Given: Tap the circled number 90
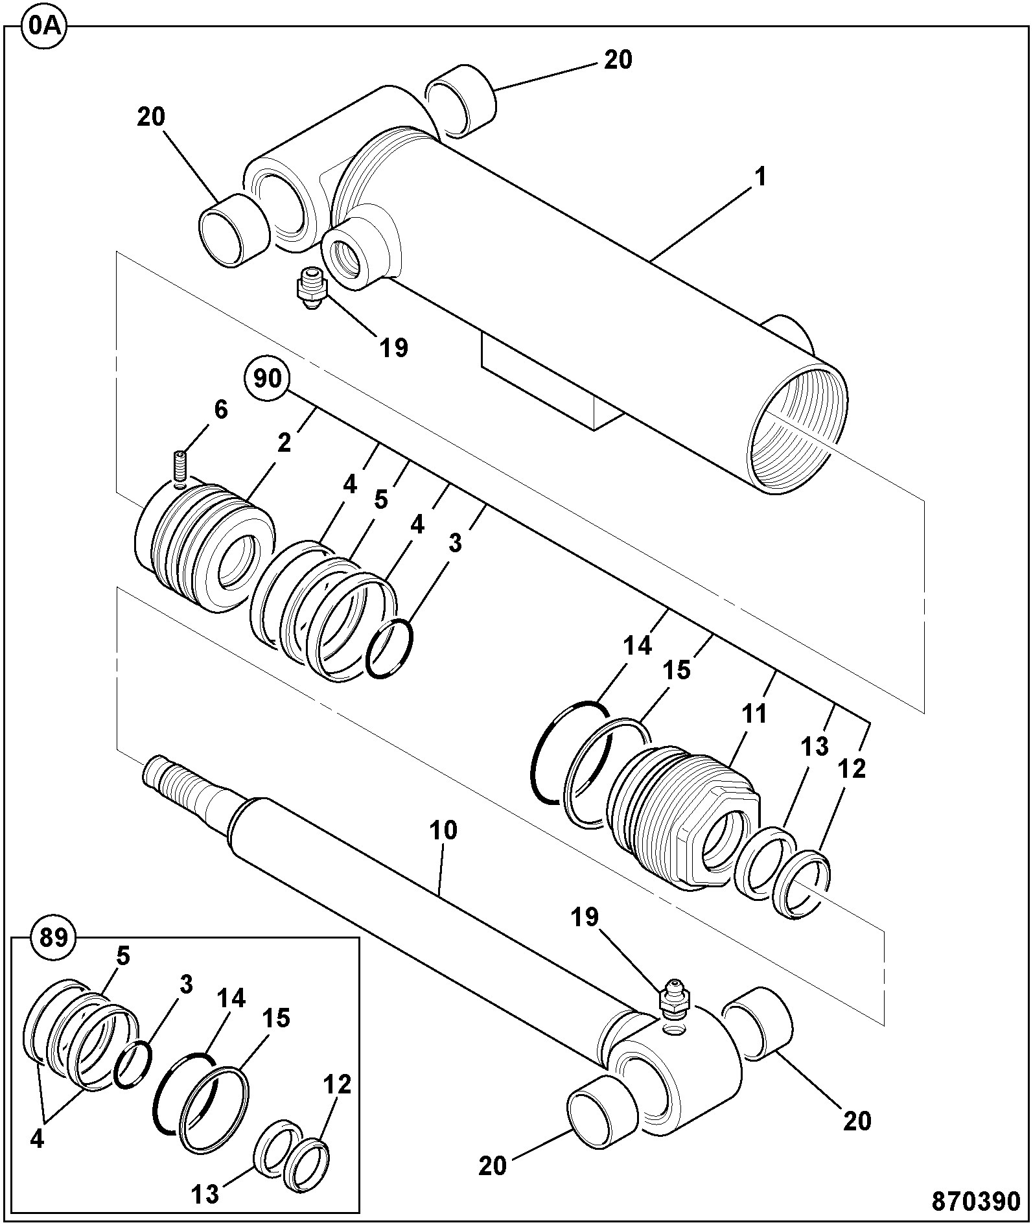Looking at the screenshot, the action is coord(267,378).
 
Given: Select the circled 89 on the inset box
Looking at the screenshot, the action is coord(54,938).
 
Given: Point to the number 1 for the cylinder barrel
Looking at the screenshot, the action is coord(761,177).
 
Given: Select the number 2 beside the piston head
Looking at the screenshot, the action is coord(284,443).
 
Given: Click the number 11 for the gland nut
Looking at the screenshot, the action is coord(754,714).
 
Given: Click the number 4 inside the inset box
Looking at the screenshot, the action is coord(37,1139).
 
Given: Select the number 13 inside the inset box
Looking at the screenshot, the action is coord(206,1194).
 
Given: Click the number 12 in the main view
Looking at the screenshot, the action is coord(852,769).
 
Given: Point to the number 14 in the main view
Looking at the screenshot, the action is coord(638,646).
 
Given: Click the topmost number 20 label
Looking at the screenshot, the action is coord(618,60).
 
